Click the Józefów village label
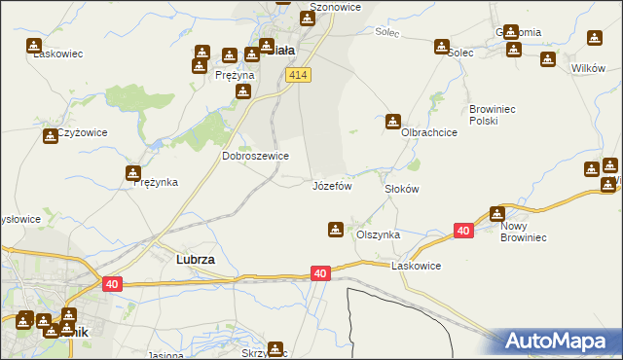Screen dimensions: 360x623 coord(331,185)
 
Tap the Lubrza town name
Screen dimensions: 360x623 coord(195,261)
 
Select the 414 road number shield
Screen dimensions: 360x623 coord(299,76)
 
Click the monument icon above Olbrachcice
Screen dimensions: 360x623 coord(392,122)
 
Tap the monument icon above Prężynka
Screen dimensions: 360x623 coord(133,173)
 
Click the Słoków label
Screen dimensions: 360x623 coord(401,189)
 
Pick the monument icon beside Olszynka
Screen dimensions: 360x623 coord(335,230)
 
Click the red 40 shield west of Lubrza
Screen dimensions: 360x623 coord(113,283)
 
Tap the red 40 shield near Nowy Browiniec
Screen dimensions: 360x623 coord(463,231)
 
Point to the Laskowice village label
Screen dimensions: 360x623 coord(417,266)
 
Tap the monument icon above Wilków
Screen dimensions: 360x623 coord(595,39)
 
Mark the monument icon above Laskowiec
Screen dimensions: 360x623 coord(34,45)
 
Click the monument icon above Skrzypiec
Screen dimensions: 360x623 coord(276,348)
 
